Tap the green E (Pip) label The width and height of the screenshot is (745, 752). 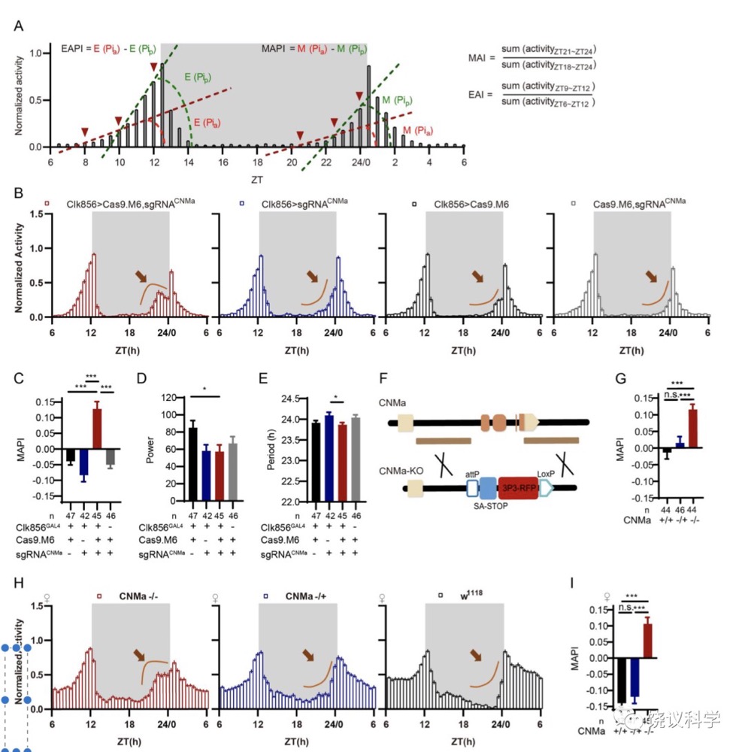pos(197,77)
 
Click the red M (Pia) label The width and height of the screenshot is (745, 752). pos(418,131)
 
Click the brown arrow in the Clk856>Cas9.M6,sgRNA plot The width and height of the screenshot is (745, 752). pos(141,277)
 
